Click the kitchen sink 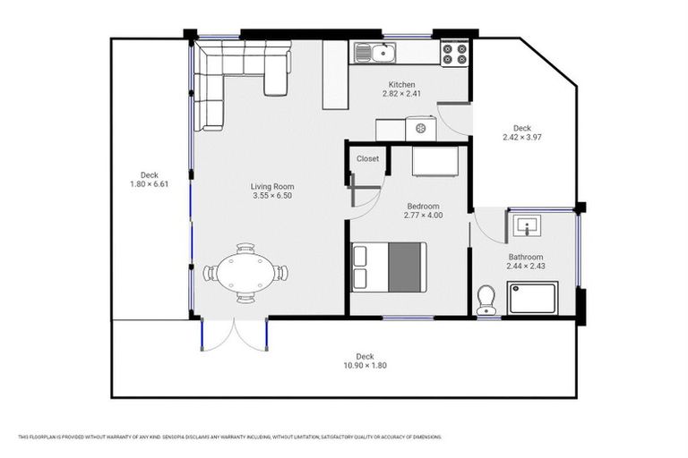coord(377,53)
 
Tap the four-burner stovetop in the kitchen coord(454,53)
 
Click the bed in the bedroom coord(389,267)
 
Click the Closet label coord(367,159)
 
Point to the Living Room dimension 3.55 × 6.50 coord(272,195)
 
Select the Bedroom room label coord(423,206)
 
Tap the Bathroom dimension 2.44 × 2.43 coord(526,266)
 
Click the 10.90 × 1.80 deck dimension coord(364,365)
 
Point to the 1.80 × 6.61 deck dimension coord(149,184)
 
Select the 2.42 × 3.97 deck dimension coord(522,137)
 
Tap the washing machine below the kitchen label coord(420,130)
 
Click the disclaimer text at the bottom coord(229,437)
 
